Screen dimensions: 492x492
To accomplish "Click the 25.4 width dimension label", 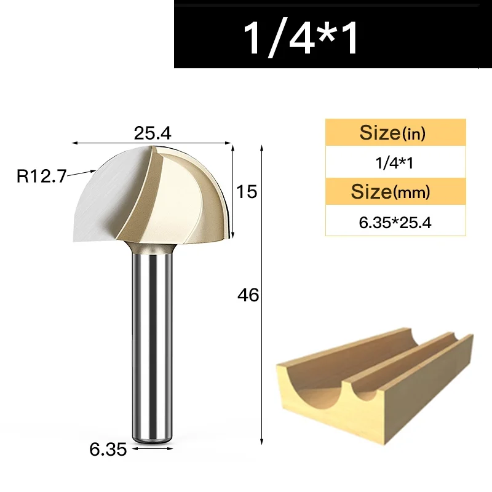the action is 153,133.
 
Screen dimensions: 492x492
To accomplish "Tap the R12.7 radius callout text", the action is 41,176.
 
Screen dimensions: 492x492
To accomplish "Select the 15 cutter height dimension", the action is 247,191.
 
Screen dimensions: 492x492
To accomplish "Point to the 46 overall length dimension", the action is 248,295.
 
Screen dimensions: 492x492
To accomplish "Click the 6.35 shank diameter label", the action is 108,450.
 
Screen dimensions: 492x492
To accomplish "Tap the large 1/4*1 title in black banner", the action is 300,38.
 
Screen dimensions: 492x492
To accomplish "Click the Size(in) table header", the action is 392,132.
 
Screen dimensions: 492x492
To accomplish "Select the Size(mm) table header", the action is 391,191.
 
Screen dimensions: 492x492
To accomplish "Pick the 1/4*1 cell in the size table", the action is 394,163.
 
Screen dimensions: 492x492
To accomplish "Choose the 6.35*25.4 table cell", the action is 395,223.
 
